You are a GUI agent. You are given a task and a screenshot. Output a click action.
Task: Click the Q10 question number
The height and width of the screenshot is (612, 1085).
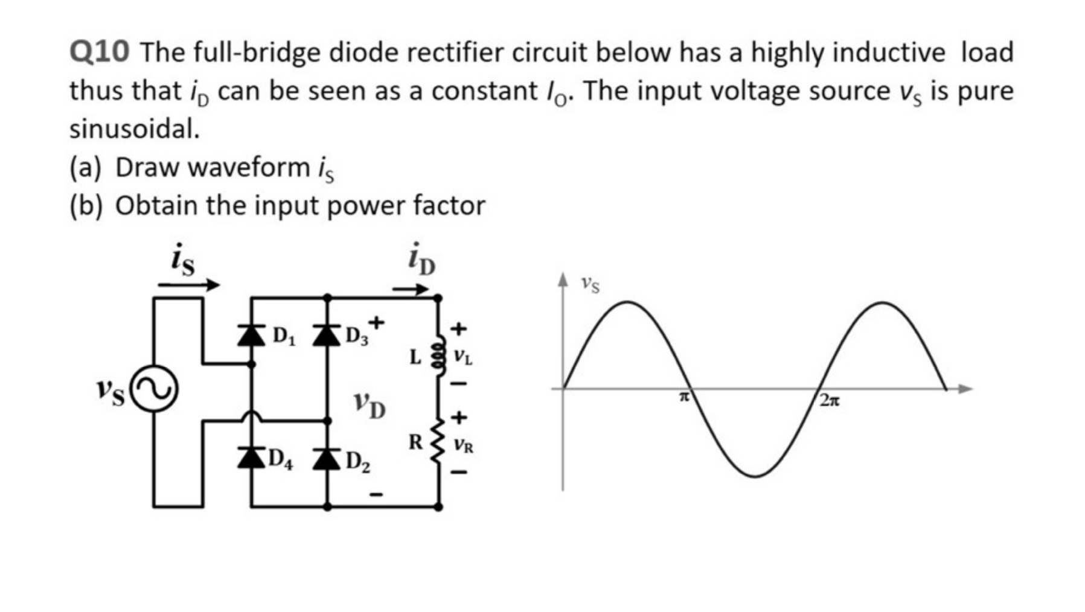(99, 53)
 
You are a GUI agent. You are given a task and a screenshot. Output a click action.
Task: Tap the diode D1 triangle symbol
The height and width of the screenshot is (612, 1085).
(251, 335)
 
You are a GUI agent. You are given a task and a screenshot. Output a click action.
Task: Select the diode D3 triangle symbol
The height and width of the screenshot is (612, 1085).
(327, 335)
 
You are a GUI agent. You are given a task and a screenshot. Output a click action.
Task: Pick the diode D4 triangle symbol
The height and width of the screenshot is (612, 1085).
(251, 457)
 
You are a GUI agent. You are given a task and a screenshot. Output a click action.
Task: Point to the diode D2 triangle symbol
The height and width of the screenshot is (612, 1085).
(327, 457)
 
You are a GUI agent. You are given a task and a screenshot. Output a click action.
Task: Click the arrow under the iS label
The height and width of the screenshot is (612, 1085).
(188, 285)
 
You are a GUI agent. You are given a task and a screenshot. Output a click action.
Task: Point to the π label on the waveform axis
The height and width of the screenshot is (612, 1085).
(683, 397)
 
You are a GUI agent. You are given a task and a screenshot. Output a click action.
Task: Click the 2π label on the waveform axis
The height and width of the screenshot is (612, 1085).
(830, 400)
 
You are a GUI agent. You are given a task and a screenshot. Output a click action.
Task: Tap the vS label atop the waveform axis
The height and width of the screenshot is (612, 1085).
(591, 284)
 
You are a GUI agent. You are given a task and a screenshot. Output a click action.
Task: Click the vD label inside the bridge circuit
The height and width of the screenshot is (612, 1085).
(370, 404)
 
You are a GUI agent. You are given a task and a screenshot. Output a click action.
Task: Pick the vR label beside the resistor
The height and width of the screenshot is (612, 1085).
(464, 446)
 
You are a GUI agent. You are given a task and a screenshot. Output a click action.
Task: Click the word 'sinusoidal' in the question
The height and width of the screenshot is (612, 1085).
(134, 129)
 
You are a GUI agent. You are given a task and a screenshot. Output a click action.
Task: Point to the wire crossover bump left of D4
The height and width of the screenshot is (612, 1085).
(252, 416)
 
